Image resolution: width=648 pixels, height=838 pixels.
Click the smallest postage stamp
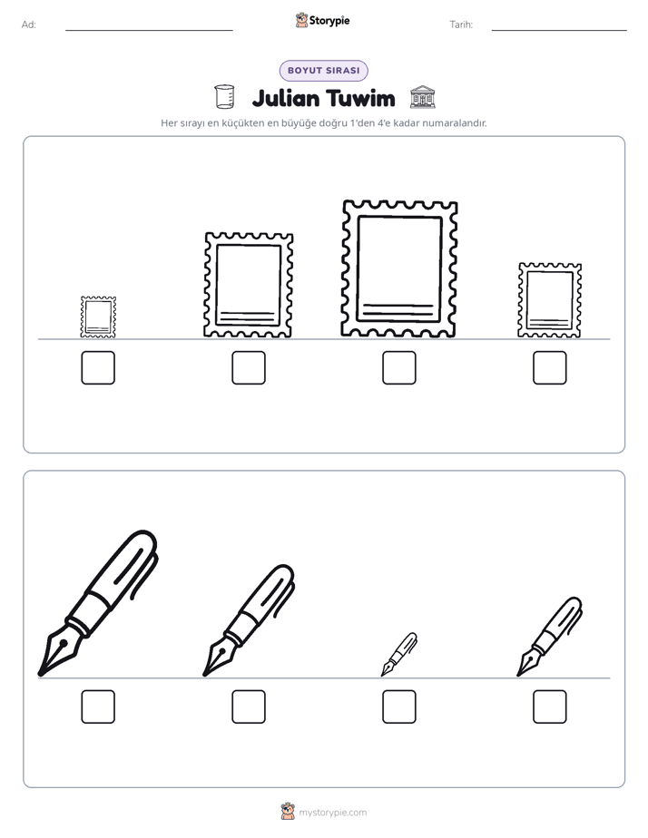(98, 317)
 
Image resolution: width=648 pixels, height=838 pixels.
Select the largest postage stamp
(398, 268)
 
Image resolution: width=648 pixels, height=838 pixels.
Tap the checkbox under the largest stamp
(398, 367)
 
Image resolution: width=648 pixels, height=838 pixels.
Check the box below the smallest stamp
(98, 367)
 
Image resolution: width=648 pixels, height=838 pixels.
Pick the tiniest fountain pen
(399, 654)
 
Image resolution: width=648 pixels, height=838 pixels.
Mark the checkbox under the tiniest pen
(398, 706)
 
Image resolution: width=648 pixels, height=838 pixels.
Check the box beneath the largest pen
(98, 706)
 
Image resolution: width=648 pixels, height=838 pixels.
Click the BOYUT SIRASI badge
(323, 71)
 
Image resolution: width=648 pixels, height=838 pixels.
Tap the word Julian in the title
(286, 99)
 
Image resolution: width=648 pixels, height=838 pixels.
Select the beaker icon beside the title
(224, 97)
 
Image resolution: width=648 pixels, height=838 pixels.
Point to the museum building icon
(422, 97)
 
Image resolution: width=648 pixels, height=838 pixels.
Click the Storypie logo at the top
(322, 21)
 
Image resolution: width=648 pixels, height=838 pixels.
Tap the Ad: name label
(29, 24)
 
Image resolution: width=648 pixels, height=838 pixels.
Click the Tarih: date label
(461, 24)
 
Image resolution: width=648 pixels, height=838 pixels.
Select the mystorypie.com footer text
(332, 813)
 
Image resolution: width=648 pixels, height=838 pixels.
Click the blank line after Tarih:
(559, 30)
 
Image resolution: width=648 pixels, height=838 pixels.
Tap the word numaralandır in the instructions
(455, 123)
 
